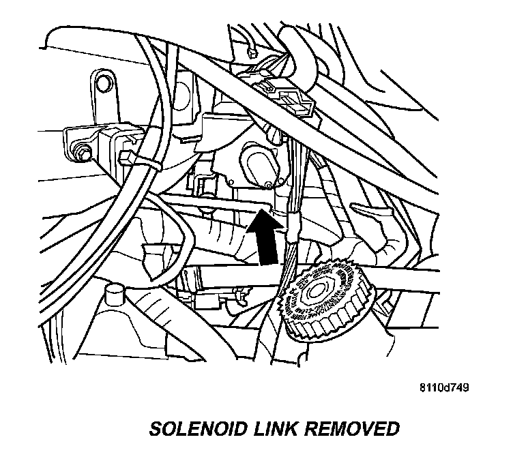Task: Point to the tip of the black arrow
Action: [263, 212]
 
